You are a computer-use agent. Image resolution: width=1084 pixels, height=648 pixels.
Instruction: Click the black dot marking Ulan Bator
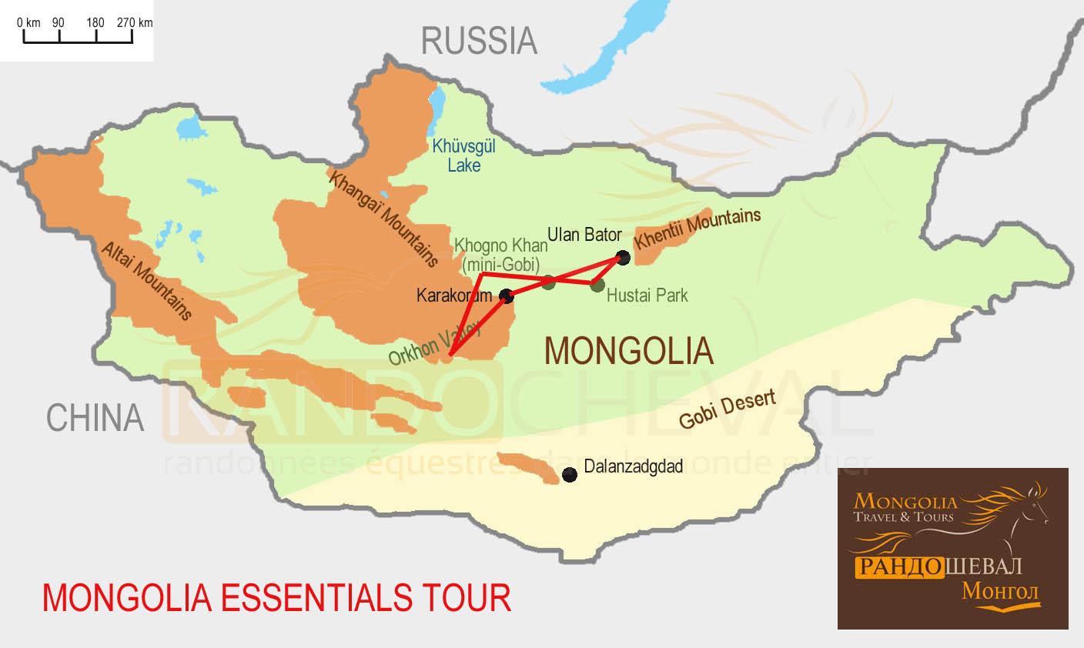click(x=624, y=258)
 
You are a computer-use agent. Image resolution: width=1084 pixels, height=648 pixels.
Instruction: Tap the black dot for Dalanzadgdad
click(x=570, y=475)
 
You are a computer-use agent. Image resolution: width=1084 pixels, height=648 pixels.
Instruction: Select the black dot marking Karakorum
click(x=507, y=296)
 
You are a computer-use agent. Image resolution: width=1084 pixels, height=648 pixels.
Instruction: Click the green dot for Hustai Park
click(x=597, y=285)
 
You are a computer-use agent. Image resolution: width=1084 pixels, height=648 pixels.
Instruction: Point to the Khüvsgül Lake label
click(x=463, y=155)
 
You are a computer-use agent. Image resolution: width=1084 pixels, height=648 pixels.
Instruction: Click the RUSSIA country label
click(x=478, y=42)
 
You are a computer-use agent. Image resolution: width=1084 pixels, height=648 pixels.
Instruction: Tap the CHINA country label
click(x=95, y=418)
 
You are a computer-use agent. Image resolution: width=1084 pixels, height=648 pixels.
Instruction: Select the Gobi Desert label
click(x=727, y=409)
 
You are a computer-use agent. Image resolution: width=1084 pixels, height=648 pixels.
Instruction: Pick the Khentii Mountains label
click(x=697, y=228)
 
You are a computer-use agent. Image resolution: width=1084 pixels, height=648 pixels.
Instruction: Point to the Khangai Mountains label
click(x=383, y=219)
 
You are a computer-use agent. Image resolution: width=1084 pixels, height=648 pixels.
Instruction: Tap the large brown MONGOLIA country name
click(x=628, y=351)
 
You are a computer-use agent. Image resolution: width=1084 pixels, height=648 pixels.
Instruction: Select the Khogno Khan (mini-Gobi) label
click(x=500, y=255)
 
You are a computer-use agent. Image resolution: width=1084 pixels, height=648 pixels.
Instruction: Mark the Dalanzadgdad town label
click(x=633, y=467)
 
